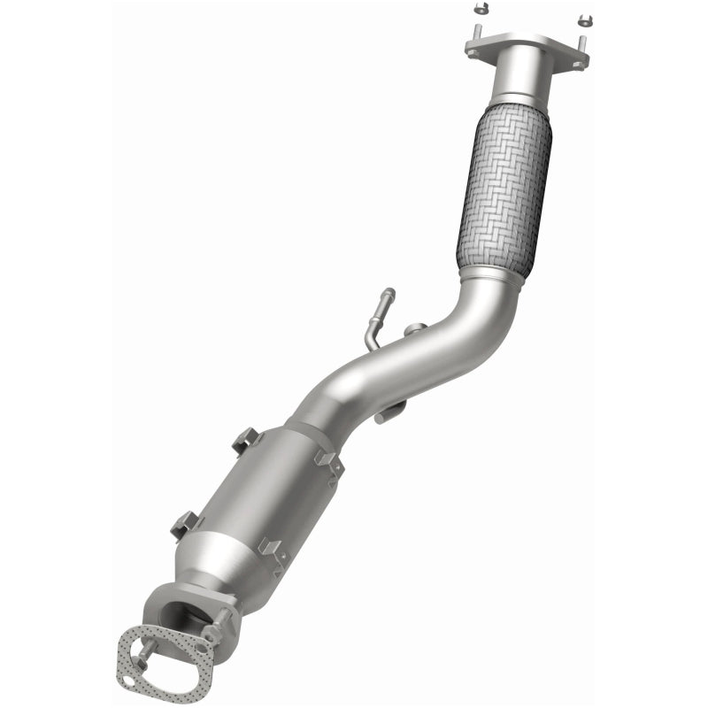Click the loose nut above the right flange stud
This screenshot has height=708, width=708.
click(583, 19)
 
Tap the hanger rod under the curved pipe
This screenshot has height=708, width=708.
click(390, 412)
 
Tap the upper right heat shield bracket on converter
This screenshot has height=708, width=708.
click(330, 463)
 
